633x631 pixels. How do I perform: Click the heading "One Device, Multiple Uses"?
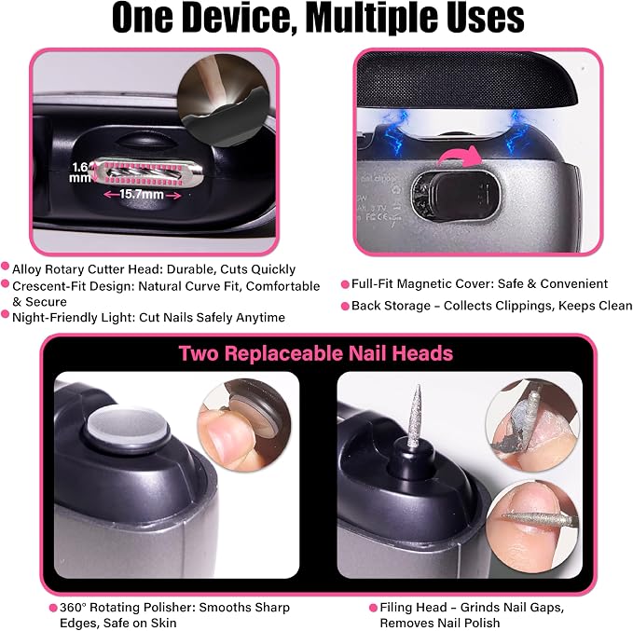tap(318, 18)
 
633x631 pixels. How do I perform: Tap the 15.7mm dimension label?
tap(142, 195)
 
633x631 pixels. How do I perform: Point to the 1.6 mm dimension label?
tap(79, 172)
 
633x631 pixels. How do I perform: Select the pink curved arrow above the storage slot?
tap(458, 157)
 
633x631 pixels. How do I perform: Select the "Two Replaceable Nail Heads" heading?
tap(316, 353)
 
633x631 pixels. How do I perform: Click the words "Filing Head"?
tap(413, 608)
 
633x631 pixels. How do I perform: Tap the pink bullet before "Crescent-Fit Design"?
tap(6, 283)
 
